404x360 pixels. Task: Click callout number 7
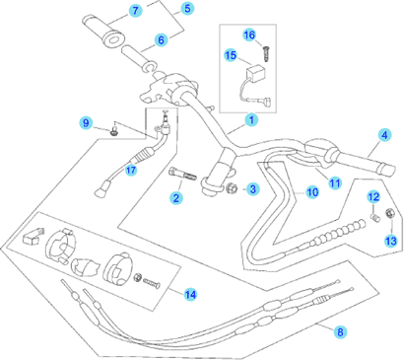pyautogui.click(x=135, y=11)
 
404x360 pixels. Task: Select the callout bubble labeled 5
pyautogui.click(x=187, y=8)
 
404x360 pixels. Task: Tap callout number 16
pyautogui.click(x=249, y=35)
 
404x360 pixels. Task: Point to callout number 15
pyautogui.click(x=231, y=55)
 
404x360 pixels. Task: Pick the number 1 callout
pyautogui.click(x=251, y=120)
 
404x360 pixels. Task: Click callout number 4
pyautogui.click(x=384, y=135)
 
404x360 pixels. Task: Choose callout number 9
pyautogui.click(x=86, y=123)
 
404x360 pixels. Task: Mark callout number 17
pyautogui.click(x=131, y=170)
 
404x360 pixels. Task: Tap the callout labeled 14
pyautogui.click(x=190, y=294)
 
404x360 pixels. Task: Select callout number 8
pyautogui.click(x=340, y=331)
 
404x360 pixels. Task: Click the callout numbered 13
pyautogui.click(x=391, y=241)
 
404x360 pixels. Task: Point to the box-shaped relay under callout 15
pyautogui.click(x=256, y=73)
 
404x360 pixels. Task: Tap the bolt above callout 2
pyautogui.click(x=182, y=174)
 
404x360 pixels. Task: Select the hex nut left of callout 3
pyautogui.click(x=232, y=188)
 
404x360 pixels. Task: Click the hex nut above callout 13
pyautogui.click(x=390, y=213)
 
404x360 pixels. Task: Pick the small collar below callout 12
pyautogui.click(x=374, y=218)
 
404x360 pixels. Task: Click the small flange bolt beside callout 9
pyautogui.click(x=114, y=131)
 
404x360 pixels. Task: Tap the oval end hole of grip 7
pyautogui.click(x=113, y=37)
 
